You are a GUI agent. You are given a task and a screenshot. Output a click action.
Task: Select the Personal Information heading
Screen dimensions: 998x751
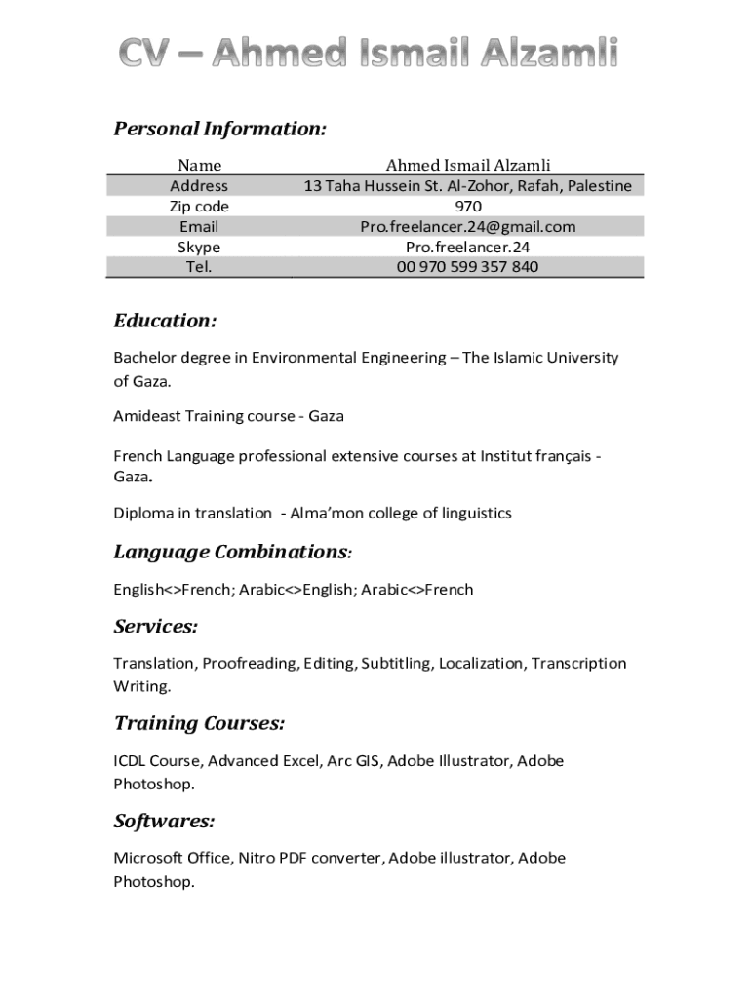pos(219,130)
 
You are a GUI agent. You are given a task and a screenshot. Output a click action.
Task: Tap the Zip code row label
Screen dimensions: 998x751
pos(199,207)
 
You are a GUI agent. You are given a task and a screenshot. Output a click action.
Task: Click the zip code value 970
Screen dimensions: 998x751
pos(468,207)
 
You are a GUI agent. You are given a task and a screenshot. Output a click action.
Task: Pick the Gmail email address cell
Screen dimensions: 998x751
pos(468,227)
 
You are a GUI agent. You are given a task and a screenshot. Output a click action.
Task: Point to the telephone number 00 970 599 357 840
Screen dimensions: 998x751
pos(468,267)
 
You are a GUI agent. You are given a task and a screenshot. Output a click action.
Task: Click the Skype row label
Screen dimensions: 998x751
pos(199,248)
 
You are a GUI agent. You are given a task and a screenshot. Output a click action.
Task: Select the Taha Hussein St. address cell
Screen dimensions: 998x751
pos(468,186)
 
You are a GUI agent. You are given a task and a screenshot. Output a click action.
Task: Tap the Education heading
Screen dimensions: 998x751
pos(165,322)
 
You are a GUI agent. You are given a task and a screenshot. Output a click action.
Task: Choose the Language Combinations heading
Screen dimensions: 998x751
pos(231,553)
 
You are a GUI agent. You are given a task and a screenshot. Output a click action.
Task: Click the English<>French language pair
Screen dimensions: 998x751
pos(170,589)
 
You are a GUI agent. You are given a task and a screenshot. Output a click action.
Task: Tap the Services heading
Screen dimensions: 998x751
pos(156,627)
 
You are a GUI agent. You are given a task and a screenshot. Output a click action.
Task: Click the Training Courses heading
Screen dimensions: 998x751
pos(199,724)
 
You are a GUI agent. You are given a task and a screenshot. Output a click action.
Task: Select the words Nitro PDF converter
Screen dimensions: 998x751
pos(311,859)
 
